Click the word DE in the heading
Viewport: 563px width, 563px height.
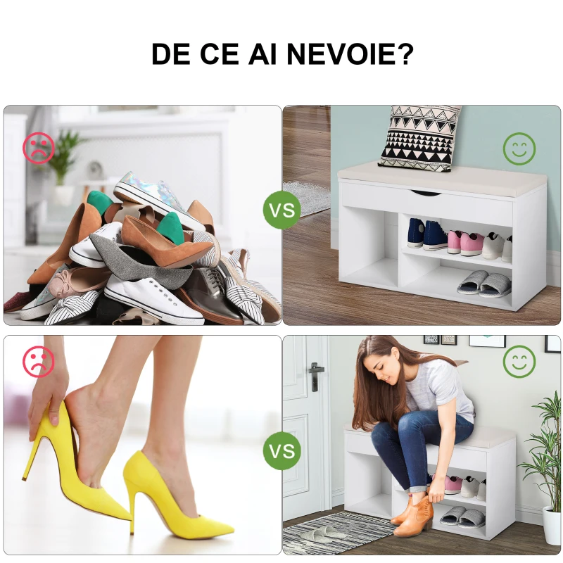170,54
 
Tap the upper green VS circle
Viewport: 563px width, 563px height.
282,210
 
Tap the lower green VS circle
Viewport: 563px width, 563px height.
282,450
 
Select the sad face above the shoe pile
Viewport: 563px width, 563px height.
39,148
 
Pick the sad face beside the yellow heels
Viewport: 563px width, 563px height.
39,361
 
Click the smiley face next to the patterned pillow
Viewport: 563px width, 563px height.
519,148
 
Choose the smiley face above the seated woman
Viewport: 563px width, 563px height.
519,362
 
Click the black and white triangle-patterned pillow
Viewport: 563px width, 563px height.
418,137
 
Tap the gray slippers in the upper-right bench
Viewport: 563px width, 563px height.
484,284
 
